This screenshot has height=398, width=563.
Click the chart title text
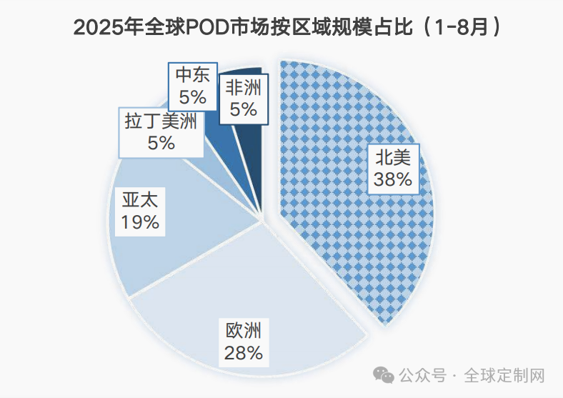click(281, 28)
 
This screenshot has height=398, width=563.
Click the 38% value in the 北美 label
click(392, 179)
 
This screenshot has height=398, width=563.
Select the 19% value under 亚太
click(140, 222)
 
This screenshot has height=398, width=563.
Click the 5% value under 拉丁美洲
click(161, 142)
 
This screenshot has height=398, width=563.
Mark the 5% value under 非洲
click(243, 109)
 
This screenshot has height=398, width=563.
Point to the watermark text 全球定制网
click(504, 375)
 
